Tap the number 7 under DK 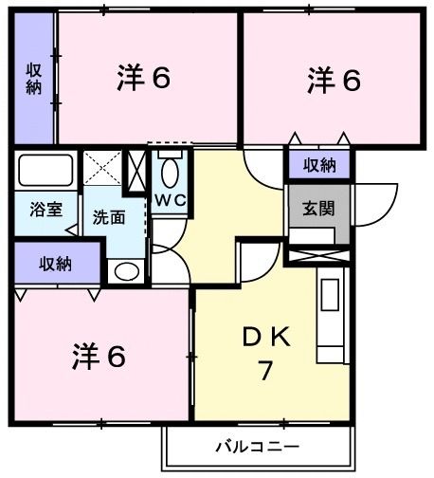tap(267, 370)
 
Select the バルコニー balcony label tap(256, 445)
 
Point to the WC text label tap(170, 201)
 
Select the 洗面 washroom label tap(108, 216)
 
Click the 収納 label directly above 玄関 tap(319, 165)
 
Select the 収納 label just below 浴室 tap(55, 265)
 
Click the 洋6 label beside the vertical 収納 tap(144, 78)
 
